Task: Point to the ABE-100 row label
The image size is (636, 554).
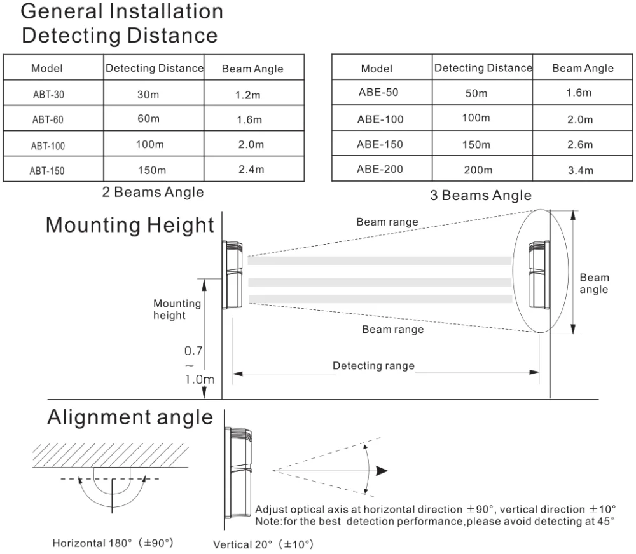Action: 380,119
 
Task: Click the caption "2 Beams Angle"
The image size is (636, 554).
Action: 153,192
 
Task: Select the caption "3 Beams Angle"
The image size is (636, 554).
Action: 481,195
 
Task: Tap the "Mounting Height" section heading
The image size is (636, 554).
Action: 130,225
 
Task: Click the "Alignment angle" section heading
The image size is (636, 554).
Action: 130,417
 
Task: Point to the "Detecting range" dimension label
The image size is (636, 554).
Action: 373,365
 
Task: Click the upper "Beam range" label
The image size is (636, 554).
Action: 387,222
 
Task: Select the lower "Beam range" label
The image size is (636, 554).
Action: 392,329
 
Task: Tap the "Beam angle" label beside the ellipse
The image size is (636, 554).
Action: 594,283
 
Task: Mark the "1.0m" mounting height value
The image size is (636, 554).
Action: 200,379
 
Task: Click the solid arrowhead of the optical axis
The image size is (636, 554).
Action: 382,471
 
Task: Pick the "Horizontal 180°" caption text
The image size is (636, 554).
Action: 92,543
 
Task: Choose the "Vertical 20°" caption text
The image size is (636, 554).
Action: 242,544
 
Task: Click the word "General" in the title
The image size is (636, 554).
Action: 61,11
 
